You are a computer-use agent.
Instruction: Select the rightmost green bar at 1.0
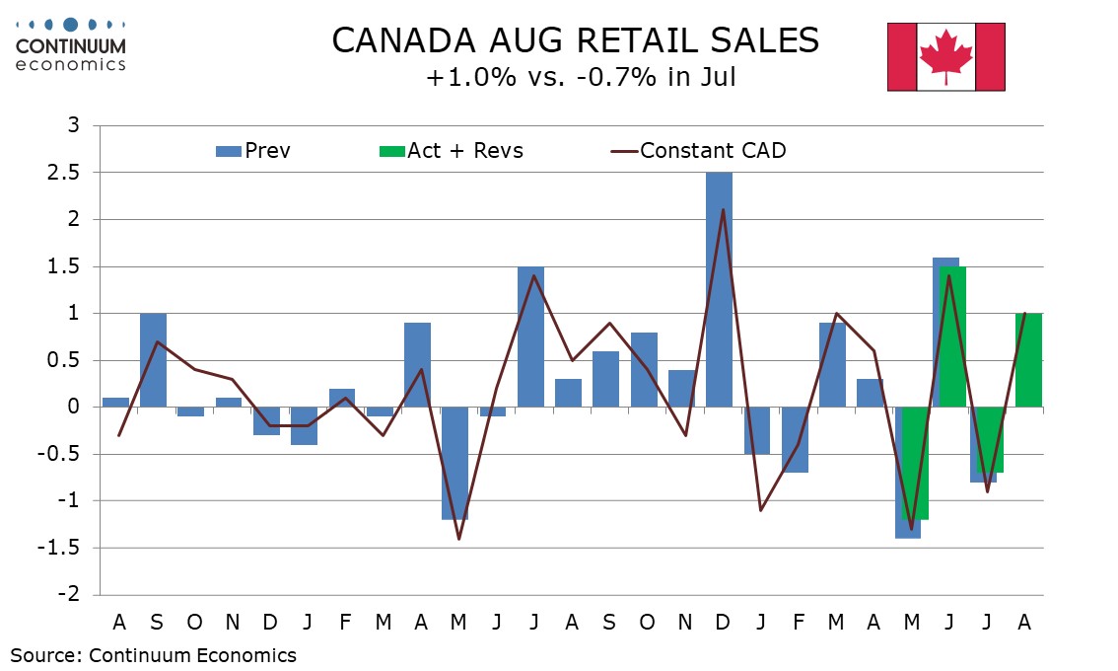[1028, 359]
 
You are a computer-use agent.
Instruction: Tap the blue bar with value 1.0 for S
[153, 359]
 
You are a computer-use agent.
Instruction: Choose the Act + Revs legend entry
[452, 151]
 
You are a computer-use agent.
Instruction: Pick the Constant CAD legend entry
[699, 151]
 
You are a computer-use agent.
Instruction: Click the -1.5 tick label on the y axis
[67, 549]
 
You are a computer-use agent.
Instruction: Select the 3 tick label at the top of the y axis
[75, 125]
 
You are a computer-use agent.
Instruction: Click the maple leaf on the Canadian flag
[945, 55]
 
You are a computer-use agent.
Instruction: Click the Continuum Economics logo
[71, 43]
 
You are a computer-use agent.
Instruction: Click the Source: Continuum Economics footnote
[154, 654]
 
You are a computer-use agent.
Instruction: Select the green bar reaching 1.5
[953, 335]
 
